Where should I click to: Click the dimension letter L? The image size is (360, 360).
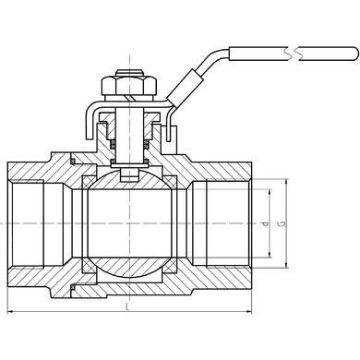127,306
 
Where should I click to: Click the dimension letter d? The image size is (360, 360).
266,223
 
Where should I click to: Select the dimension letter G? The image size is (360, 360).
282,223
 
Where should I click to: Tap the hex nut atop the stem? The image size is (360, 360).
129,86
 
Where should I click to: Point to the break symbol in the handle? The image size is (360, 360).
292,54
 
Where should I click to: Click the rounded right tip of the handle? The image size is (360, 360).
355,54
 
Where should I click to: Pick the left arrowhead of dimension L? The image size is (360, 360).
10,312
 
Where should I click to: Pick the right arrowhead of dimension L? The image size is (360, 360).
248,312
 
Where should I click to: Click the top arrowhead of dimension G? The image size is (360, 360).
287,182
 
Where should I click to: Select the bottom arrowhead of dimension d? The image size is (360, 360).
270,254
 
